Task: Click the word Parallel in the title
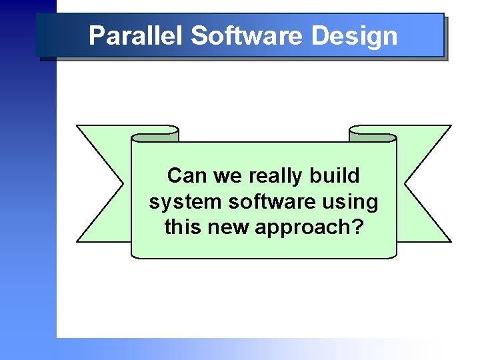[136, 36]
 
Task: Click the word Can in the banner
[182, 176]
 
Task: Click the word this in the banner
[182, 227]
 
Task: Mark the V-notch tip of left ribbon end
[124, 183]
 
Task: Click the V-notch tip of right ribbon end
[405, 183]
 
